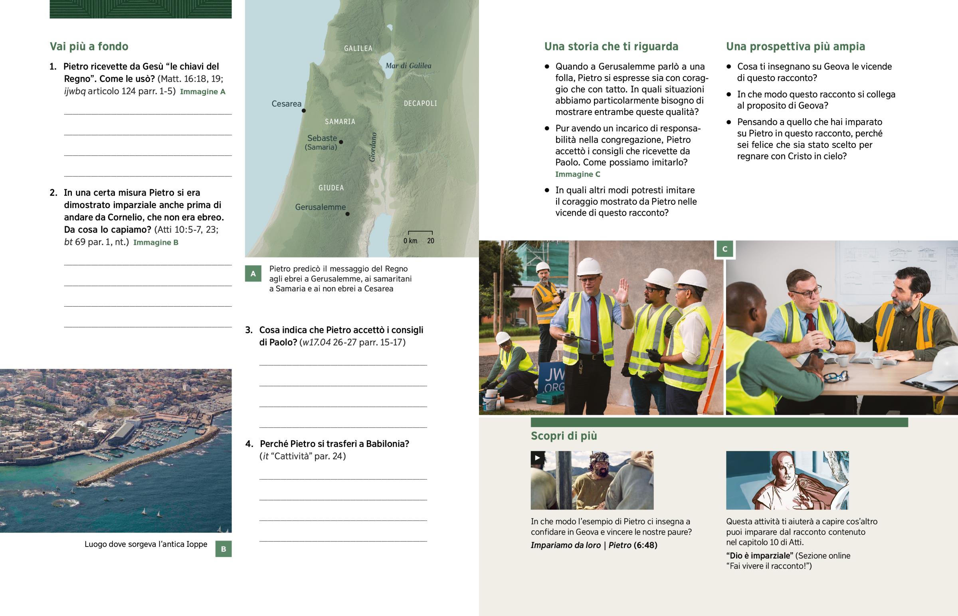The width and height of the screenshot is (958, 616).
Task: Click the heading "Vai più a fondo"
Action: [x=89, y=46]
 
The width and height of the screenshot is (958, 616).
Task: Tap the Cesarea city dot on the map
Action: [x=304, y=111]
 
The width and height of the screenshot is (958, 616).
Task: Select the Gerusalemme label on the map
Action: [x=320, y=207]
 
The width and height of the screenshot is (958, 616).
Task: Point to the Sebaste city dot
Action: [x=341, y=142]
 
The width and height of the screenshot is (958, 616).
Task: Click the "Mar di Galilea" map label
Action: [x=408, y=65]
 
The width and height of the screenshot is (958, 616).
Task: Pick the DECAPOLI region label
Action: [x=420, y=104]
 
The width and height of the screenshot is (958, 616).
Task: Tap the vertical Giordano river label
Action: [x=373, y=147]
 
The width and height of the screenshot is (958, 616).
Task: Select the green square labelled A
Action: [x=253, y=273]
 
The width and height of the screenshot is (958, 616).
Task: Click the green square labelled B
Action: [x=224, y=549]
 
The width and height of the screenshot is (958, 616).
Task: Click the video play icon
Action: [x=537, y=458]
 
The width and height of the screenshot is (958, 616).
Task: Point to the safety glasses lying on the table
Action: [x=835, y=376]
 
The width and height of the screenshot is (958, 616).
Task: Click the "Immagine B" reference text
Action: [x=156, y=242]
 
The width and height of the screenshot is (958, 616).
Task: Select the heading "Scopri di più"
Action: [x=564, y=436]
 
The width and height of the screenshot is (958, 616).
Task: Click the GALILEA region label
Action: [x=358, y=48]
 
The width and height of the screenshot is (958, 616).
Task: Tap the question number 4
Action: [x=249, y=444]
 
